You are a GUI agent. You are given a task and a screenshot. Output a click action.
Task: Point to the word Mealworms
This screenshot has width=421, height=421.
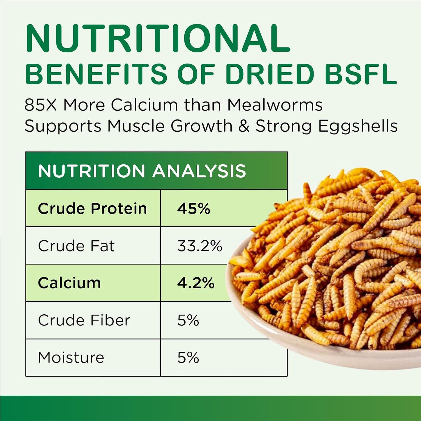point(275,105)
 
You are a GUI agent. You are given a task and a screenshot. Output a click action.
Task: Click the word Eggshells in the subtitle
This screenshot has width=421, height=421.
point(358,126)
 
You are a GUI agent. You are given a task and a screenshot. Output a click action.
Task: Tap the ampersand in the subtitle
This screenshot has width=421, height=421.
point(244,126)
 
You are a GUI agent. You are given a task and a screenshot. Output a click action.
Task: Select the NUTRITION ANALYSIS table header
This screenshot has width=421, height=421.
point(142,171)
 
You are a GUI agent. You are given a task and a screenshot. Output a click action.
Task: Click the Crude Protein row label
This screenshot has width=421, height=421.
point(92,209)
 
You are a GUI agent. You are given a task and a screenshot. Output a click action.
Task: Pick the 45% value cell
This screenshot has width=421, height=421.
point(193,209)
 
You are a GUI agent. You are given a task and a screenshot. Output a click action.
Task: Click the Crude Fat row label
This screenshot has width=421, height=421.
point(76,246)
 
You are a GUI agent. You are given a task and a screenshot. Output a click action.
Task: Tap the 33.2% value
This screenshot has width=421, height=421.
point(200,246)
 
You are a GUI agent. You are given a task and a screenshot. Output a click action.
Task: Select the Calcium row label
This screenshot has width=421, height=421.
point(69,283)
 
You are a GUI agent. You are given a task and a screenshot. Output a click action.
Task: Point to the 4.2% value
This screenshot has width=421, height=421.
point(195,283)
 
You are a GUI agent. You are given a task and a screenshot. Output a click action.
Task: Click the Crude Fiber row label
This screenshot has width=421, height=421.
point(84,320)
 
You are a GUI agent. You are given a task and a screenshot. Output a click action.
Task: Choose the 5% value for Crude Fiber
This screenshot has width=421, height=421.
point(188,320)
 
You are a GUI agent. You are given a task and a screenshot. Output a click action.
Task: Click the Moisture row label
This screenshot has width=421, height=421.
point(71,357)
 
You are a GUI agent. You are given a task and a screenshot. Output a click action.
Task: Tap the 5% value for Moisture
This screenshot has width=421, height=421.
point(188,357)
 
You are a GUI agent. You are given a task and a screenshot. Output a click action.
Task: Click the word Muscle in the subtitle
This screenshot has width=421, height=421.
point(136,126)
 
